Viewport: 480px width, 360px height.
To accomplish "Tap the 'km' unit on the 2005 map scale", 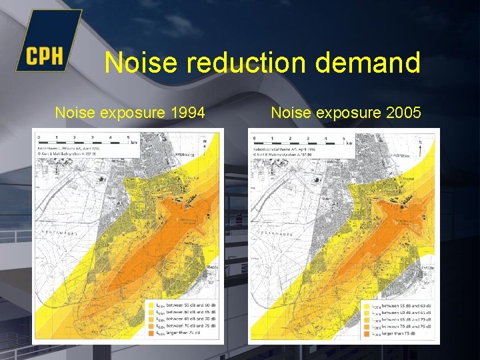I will point(349,143).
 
